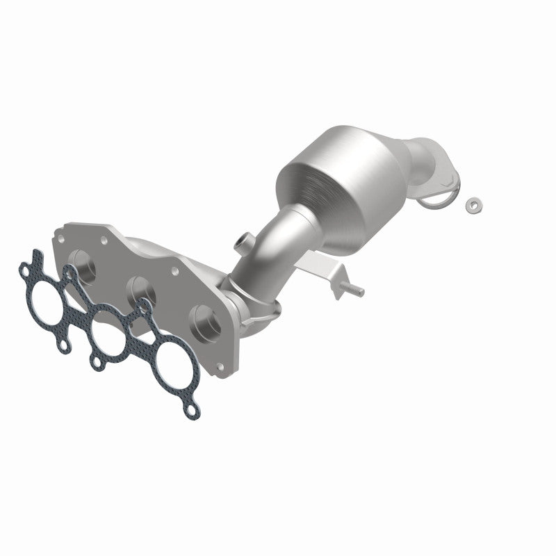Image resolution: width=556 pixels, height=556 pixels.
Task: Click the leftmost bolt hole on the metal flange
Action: click(60, 238)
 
